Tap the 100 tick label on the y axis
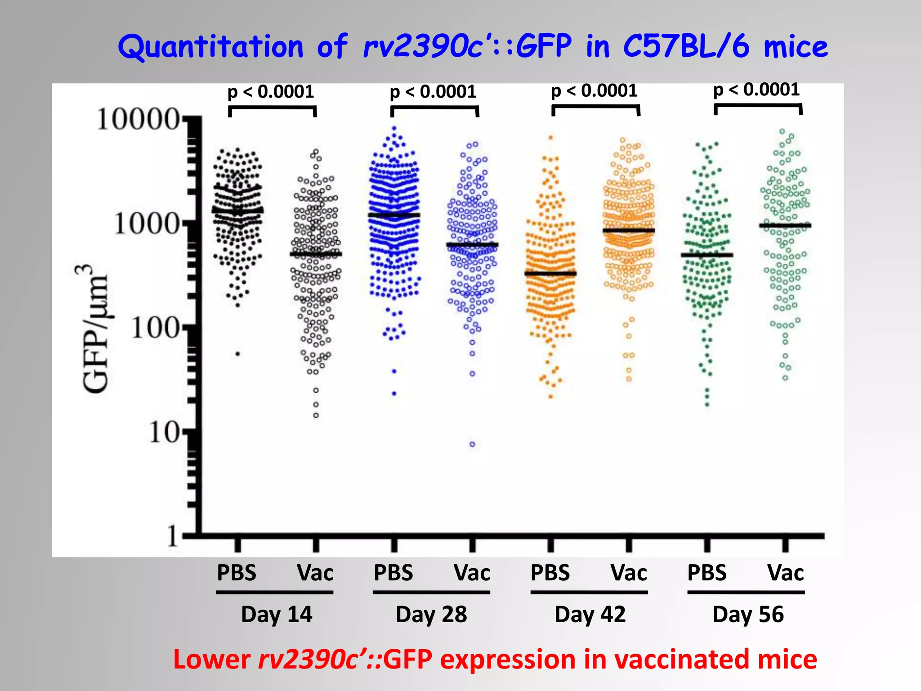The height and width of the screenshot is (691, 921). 156,328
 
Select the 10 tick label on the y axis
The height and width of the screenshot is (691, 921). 165,433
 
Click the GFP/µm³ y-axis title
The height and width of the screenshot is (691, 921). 95,328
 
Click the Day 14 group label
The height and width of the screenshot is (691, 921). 277,615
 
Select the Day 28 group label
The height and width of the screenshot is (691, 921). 431,615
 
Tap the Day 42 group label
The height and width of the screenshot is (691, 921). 590,615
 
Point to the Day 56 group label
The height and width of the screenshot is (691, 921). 748,615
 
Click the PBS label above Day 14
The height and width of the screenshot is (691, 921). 237,573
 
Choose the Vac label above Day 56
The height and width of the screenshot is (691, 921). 785,573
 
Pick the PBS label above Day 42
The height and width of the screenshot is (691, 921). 550,573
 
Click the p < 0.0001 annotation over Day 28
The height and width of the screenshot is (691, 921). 433,92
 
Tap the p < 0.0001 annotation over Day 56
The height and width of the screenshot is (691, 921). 756,90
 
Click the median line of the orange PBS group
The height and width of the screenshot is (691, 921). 550,274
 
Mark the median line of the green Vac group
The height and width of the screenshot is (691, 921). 785,225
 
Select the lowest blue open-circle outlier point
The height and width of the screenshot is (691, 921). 472,444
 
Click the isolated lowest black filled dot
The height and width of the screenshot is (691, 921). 238,354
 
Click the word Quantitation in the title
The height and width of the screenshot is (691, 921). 211,47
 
